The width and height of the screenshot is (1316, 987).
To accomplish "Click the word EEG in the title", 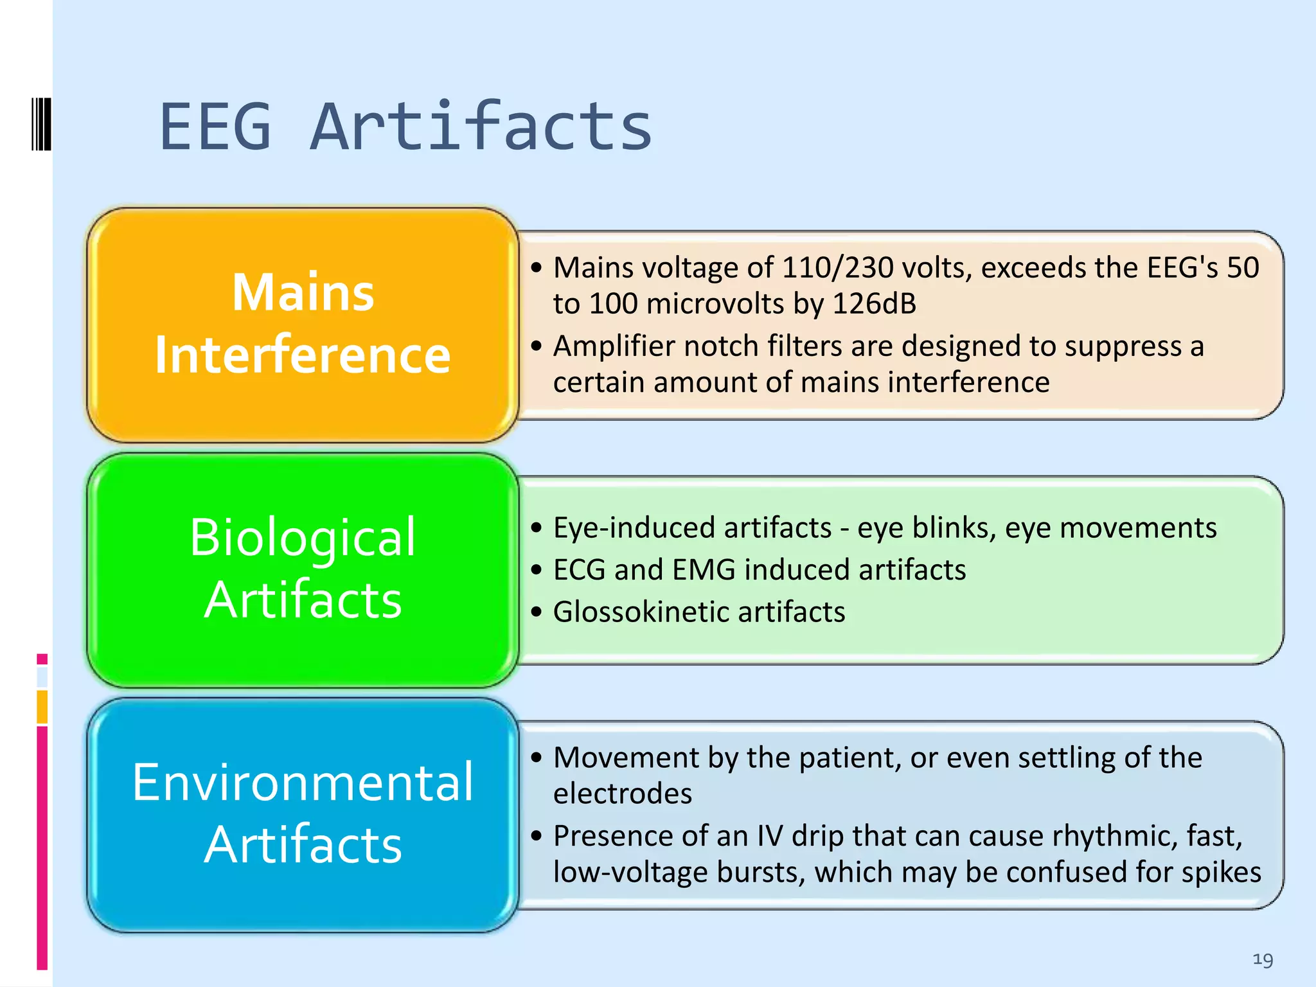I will (x=215, y=127).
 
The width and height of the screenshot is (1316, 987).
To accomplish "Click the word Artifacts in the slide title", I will (x=481, y=127).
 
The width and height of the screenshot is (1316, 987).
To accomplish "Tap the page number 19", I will (x=1263, y=959).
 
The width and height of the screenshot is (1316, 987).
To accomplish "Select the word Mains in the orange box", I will (x=303, y=292).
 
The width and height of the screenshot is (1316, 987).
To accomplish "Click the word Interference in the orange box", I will (x=303, y=355).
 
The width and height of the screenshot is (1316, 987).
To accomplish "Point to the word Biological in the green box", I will (x=303, y=537).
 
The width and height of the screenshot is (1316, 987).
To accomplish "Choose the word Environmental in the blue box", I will (x=303, y=782).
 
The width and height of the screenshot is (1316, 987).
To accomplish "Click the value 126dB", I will (x=874, y=304).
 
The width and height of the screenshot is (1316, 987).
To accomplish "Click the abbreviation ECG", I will (x=579, y=570).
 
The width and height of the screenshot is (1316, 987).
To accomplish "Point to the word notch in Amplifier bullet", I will (x=720, y=346).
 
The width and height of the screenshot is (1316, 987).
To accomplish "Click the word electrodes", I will (x=622, y=794).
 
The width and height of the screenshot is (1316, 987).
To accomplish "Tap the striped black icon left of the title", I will (x=41, y=124).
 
